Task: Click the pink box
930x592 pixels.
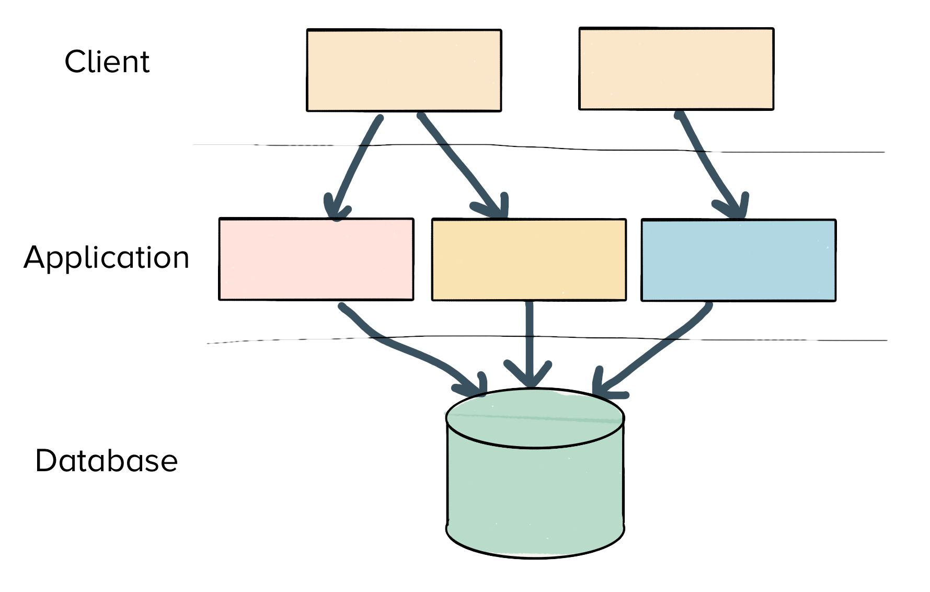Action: tap(316, 259)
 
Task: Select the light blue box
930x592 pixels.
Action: tap(738, 260)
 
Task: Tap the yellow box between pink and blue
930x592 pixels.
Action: tap(529, 260)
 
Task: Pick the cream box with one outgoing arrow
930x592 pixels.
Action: tap(676, 69)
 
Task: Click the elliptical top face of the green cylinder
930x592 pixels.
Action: tap(534, 418)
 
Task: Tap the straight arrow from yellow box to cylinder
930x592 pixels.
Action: tap(530, 335)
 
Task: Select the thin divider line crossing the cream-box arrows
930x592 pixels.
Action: tap(575, 149)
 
